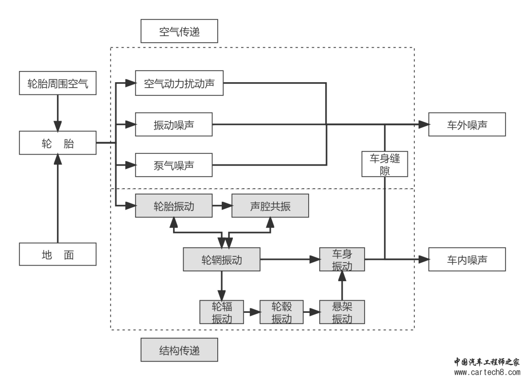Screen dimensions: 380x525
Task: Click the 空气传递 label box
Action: click(x=179, y=32)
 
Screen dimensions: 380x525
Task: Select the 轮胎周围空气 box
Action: click(x=58, y=84)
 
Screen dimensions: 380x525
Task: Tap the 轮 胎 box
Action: click(x=58, y=144)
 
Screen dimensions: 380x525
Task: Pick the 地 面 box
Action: click(x=58, y=254)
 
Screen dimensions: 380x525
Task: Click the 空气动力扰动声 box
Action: click(x=179, y=84)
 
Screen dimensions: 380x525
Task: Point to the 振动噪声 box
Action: click(x=174, y=125)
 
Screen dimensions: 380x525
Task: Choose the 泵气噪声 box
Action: click(x=174, y=166)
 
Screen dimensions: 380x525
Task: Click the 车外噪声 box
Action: click(x=467, y=125)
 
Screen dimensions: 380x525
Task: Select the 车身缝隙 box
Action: click(x=385, y=164)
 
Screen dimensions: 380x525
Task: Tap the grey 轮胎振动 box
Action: click(x=174, y=206)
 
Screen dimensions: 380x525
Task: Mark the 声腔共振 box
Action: click(x=270, y=206)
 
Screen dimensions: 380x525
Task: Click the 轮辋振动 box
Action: click(x=221, y=259)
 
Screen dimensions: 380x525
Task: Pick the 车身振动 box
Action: click(x=342, y=259)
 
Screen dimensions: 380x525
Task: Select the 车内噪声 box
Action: click(x=467, y=259)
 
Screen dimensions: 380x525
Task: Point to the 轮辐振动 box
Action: click(x=221, y=312)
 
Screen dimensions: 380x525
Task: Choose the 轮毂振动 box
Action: click(x=281, y=312)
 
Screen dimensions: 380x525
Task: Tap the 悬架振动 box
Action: click(x=342, y=312)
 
